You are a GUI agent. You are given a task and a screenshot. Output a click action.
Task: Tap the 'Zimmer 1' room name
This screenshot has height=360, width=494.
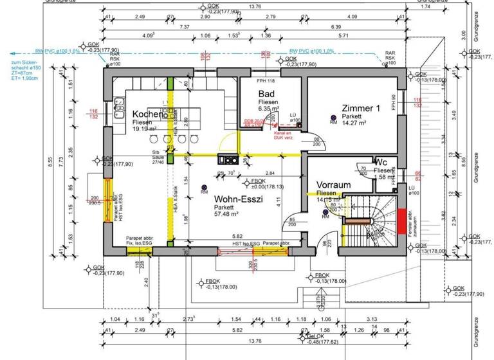[x=361, y=108]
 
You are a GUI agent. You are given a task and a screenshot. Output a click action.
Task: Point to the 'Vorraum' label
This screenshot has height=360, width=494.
[x=333, y=185]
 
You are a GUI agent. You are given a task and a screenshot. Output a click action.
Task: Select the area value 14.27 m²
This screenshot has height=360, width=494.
[x=354, y=122]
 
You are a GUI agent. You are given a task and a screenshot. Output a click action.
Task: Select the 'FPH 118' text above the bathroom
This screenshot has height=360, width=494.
[x=266, y=80]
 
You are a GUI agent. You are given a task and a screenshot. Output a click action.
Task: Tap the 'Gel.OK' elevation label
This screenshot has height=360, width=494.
[x=315, y=336]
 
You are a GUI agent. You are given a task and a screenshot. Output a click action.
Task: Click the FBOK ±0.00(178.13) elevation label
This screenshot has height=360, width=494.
[x=265, y=184]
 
